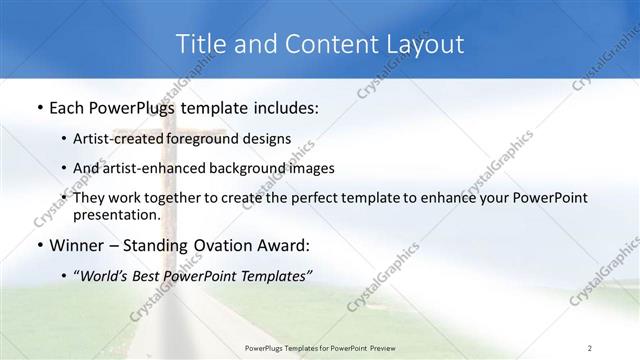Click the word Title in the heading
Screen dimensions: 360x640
(199, 44)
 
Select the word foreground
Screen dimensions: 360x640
(208, 139)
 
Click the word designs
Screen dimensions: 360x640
(267, 139)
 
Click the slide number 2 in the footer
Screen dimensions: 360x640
(589, 347)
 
